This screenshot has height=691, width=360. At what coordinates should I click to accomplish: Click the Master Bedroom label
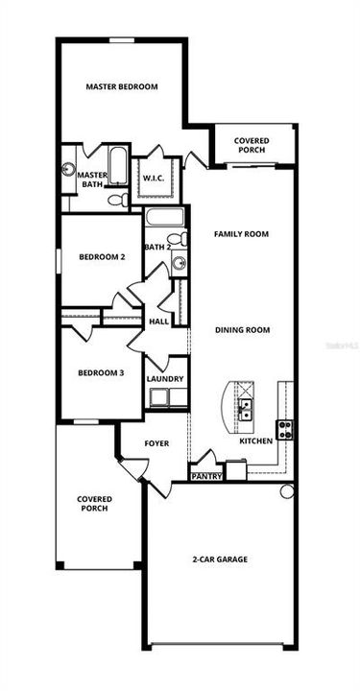(x=121, y=86)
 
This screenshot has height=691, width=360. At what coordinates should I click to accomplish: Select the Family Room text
(x=241, y=233)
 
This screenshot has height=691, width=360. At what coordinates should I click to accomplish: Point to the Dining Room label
(x=242, y=329)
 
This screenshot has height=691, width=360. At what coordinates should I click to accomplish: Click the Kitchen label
(x=255, y=441)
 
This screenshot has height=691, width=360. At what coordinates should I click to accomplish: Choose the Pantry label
(x=206, y=475)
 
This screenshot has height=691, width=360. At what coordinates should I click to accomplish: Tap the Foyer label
(x=156, y=443)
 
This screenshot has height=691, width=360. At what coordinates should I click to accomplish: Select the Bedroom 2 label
(x=102, y=256)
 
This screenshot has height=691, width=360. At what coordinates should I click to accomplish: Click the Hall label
(x=158, y=321)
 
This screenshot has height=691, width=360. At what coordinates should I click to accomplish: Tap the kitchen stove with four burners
(x=285, y=429)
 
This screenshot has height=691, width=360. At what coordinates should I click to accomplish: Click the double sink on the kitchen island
(x=246, y=410)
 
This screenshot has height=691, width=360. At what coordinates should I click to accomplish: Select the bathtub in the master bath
(x=117, y=167)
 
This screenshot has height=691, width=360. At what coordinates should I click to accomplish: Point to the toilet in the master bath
(x=116, y=201)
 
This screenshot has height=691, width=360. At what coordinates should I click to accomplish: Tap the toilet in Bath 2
(x=176, y=239)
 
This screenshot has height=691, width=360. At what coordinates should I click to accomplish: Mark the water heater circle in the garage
(x=287, y=491)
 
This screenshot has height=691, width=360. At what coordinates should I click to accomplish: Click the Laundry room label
(x=165, y=379)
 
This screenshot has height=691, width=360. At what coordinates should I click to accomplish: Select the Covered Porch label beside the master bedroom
(x=252, y=145)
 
